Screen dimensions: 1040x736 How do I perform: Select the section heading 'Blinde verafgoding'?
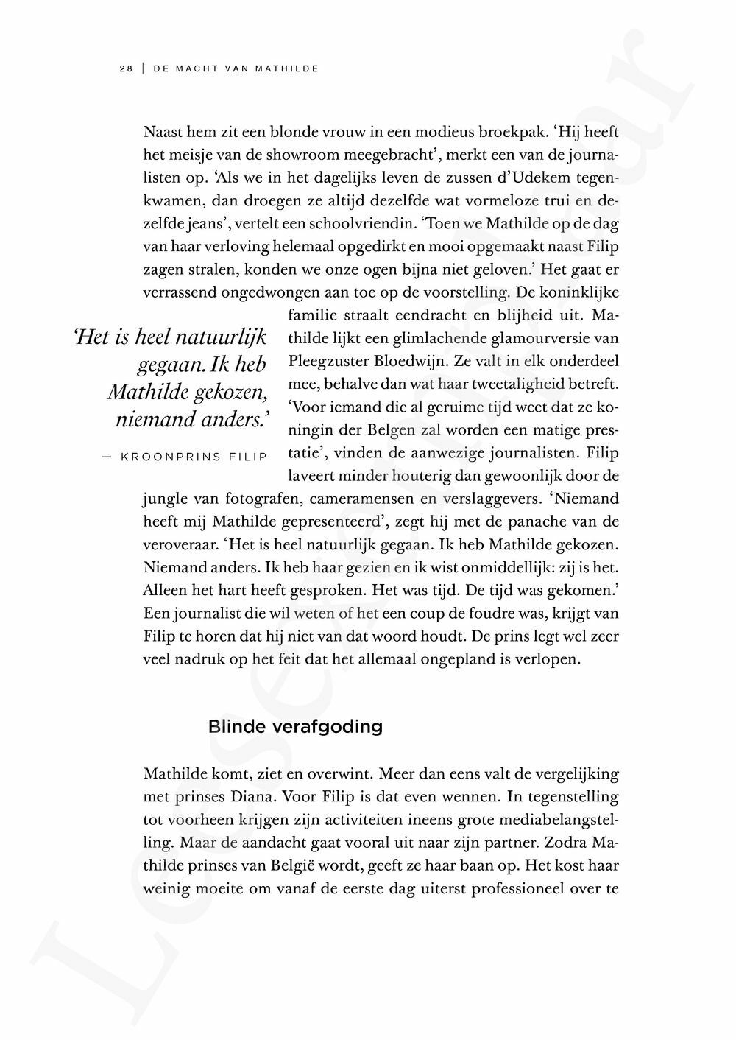(x=295, y=727)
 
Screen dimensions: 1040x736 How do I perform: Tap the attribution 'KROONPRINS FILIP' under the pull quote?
(x=194, y=457)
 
